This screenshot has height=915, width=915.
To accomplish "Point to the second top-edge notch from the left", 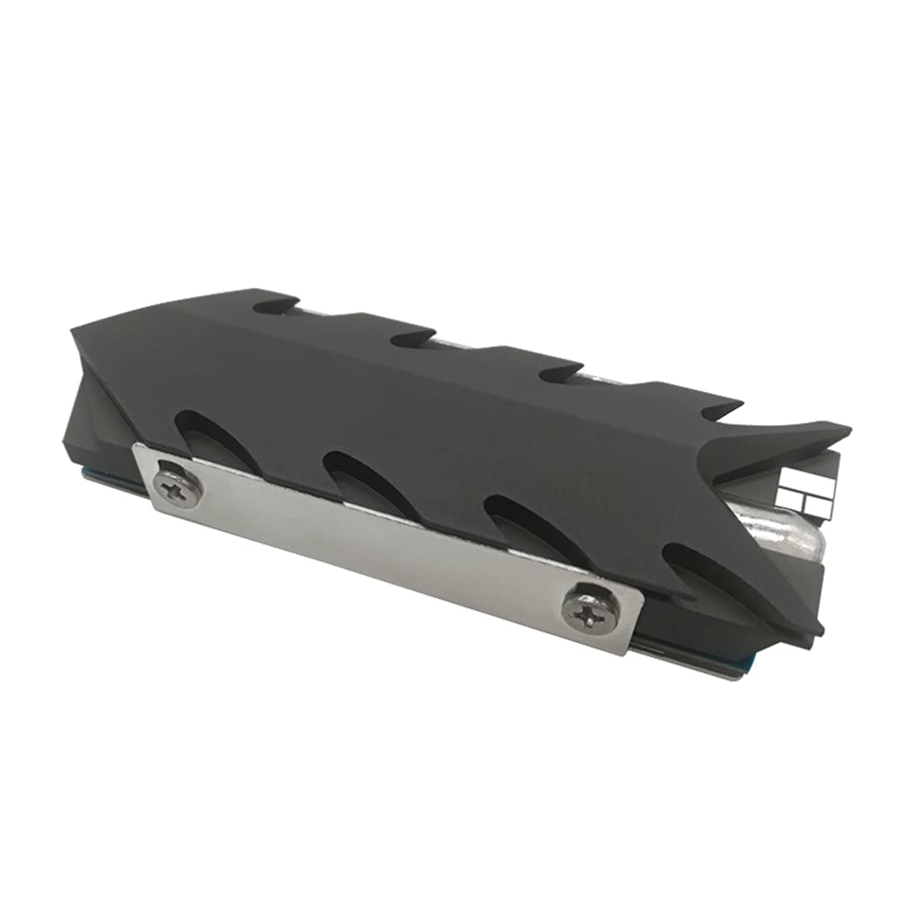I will click(416, 337).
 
